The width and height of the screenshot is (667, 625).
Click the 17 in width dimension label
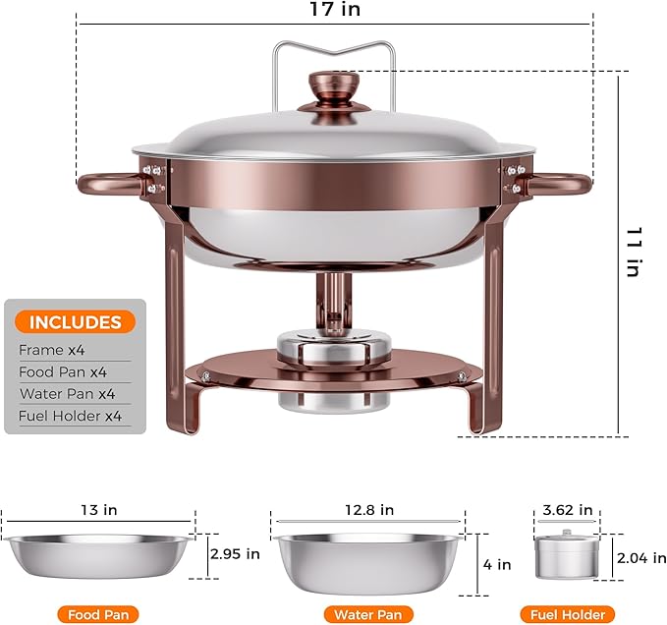[x=333, y=11]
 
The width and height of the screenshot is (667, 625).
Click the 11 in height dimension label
[x=635, y=252]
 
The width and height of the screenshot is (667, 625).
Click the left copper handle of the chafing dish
[x=108, y=183]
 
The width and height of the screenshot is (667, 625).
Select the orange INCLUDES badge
[x=75, y=322]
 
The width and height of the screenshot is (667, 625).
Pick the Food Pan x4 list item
[x=63, y=372]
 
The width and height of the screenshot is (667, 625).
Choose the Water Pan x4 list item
[x=67, y=394]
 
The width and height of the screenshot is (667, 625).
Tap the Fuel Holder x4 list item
[x=70, y=416]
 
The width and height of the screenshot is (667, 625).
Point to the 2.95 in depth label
[x=234, y=554]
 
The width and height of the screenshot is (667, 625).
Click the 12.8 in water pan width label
[x=368, y=510]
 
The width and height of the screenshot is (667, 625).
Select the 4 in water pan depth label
[x=497, y=565]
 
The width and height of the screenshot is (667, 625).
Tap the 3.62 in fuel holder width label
[x=568, y=510]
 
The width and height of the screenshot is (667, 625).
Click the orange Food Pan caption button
[x=97, y=614]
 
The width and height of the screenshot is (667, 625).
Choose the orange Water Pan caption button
[x=368, y=614]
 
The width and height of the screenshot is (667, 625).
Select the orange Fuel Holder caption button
[x=568, y=614]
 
